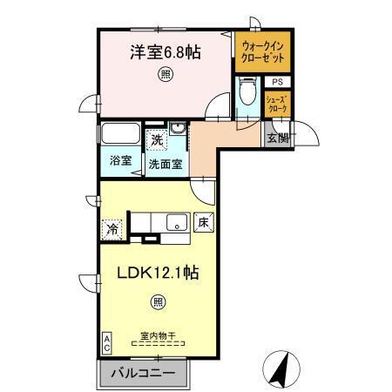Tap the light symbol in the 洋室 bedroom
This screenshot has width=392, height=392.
coord(165,76)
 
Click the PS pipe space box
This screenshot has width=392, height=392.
coord(275,82)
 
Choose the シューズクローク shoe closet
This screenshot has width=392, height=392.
coord(276,105)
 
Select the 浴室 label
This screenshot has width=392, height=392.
coord(121,160)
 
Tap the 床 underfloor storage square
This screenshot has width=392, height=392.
coord(202,222)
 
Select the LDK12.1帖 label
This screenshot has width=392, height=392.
coord(159,272)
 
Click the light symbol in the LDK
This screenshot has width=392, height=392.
coord(158,301)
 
